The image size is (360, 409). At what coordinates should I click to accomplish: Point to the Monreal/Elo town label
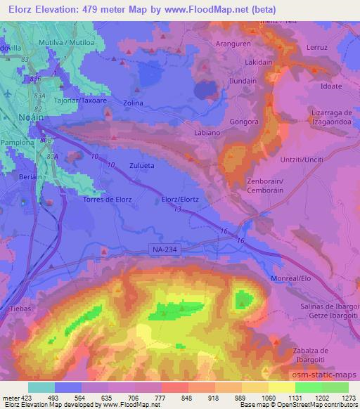(291, 279)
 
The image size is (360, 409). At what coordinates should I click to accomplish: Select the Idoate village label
(330, 86)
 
